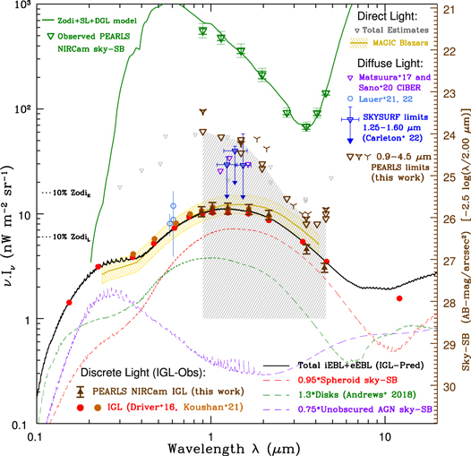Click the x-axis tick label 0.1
pyautogui.click(x=35, y=431)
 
